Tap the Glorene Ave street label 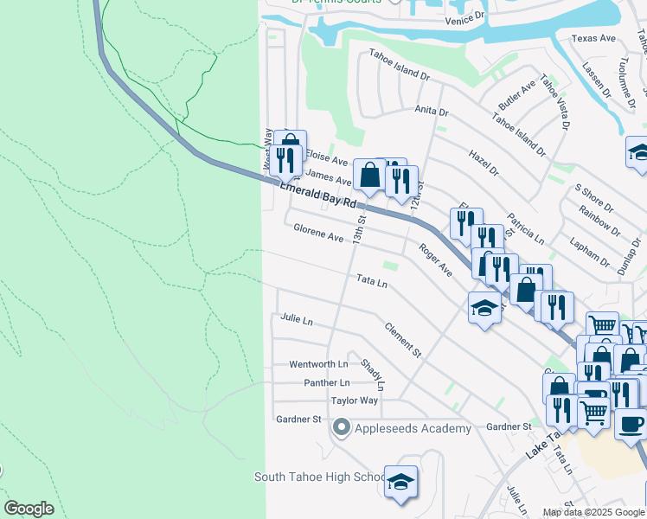pos(318,233)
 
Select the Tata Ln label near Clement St pos(372,281)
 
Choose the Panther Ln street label pos(326,382)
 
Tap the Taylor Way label pos(355,400)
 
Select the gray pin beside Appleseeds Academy pos(342,427)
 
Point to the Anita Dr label pos(431,112)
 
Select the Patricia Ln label pos(526,227)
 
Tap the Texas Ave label pos(593,39)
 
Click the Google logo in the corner pos(29,509)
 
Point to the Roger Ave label pos(435,259)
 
